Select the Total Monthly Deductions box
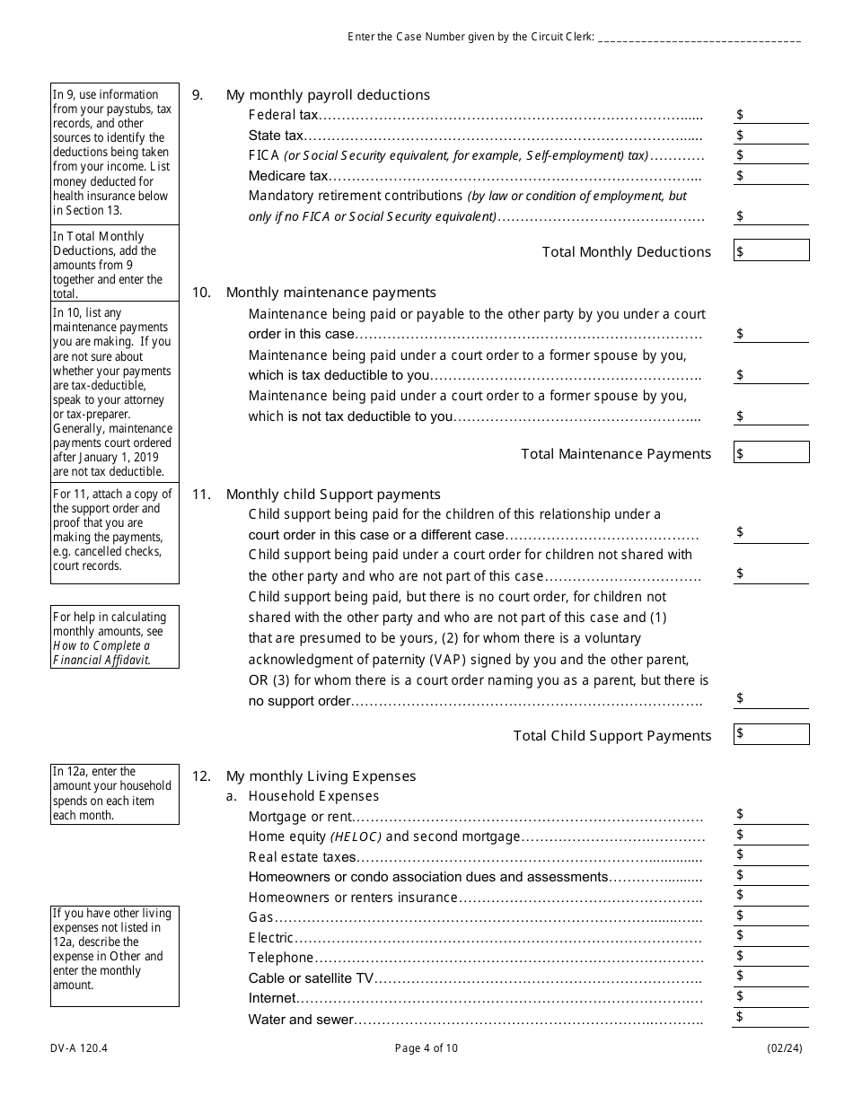[x=771, y=250]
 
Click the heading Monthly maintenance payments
[x=330, y=293]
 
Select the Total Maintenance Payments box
[x=771, y=452]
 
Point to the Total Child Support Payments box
[x=771, y=734]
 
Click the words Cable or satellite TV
[x=311, y=978]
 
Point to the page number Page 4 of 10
[x=426, y=1047]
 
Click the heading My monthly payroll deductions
[x=328, y=95]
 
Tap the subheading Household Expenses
[x=313, y=796]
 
